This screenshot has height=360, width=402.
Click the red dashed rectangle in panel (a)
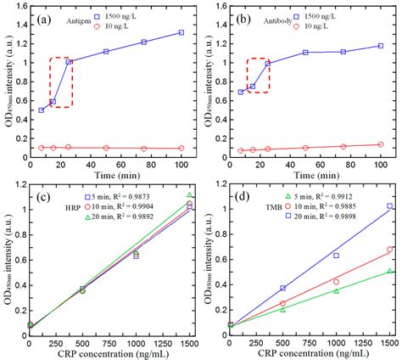60,82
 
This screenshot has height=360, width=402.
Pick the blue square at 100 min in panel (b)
380,46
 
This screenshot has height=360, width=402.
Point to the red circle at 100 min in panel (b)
380,144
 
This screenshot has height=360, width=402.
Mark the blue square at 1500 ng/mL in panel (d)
389,206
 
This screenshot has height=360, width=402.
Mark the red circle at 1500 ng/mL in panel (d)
389,250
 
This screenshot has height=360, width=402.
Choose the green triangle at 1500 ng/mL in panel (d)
389,272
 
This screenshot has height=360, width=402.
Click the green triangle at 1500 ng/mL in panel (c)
189,195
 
